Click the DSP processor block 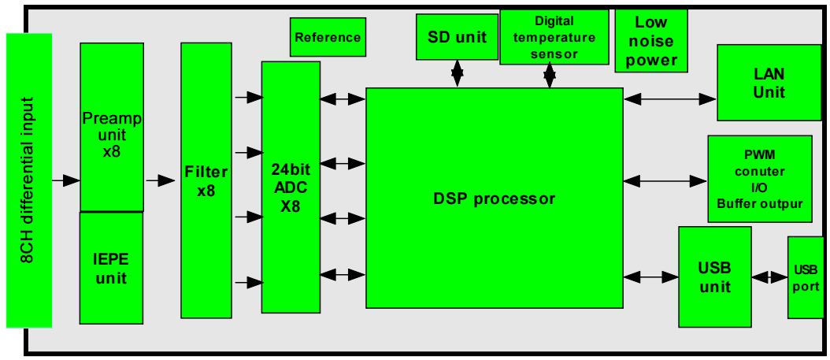click(495, 199)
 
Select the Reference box click(328, 37)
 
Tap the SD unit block click(457, 37)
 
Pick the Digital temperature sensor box click(554, 37)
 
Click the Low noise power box click(651, 40)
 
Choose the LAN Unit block click(769, 83)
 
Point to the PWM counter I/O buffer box click(759, 178)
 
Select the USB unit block click(714, 276)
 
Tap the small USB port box click(806, 276)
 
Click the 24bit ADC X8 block click(291, 187)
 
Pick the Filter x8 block click(206, 181)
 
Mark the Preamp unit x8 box click(112, 127)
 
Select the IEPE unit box click(111, 268)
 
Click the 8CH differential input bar click(28, 180)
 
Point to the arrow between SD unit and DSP click(457, 74)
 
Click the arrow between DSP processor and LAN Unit click(670, 98)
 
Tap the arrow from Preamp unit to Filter click(161, 180)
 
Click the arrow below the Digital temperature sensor click(550, 76)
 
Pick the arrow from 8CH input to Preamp click(66, 180)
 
